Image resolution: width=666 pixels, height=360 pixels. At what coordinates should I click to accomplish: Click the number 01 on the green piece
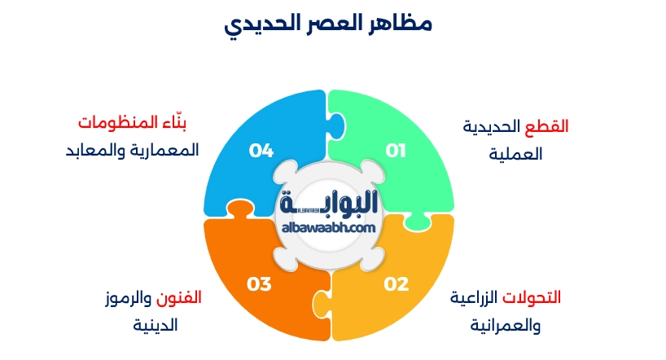[396, 151]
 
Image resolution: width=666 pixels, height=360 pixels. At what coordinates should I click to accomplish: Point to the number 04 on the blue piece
[261, 151]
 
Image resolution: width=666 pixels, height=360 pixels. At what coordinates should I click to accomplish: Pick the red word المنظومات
[113, 124]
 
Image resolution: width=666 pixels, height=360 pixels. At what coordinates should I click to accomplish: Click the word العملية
[516, 154]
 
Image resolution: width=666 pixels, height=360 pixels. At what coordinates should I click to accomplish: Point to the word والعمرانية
[506, 325]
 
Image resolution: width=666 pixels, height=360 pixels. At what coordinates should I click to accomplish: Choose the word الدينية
[156, 325]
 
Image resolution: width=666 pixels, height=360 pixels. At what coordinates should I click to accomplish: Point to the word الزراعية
[477, 297]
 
